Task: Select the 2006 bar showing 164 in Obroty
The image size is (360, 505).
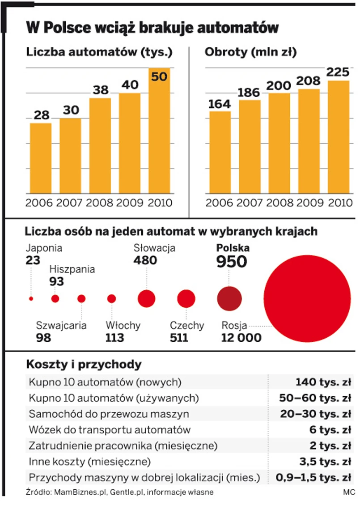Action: (220, 152)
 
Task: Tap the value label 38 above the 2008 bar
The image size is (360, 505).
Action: (101, 90)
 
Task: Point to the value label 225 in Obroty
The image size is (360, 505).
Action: (338, 72)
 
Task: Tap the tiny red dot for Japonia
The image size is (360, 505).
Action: (31, 298)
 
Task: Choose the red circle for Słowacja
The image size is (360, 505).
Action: (146, 298)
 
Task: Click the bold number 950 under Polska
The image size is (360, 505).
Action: (232, 262)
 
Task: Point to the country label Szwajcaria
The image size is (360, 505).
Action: (55, 325)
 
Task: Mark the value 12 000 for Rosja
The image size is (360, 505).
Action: (241, 337)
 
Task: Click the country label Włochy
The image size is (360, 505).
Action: (123, 325)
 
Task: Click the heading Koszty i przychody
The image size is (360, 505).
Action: (84, 364)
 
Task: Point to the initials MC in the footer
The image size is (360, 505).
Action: (349, 492)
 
